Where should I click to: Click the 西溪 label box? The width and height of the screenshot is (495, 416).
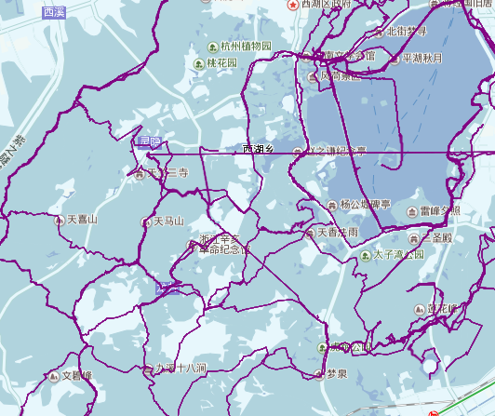(x=54, y=12)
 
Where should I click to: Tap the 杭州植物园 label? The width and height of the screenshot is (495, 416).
(x=247, y=47)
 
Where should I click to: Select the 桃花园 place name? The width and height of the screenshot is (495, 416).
(x=222, y=63)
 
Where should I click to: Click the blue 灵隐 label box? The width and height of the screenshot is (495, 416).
(x=149, y=142)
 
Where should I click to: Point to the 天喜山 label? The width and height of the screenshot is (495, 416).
(x=82, y=221)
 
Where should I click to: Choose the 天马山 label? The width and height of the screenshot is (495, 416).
(x=168, y=221)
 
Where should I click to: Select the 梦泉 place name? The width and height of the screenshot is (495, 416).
(x=336, y=374)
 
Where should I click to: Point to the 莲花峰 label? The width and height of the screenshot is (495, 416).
(x=441, y=308)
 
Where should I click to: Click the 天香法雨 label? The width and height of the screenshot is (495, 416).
(x=337, y=232)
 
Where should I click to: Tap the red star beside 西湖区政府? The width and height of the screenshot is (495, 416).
(x=295, y=5)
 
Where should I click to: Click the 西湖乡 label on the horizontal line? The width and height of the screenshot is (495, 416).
(x=260, y=149)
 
